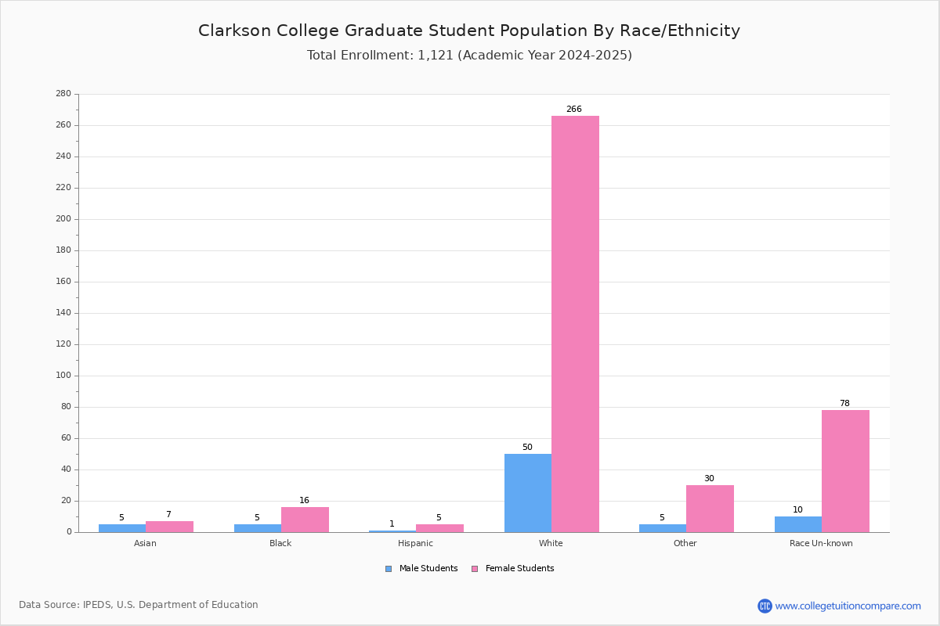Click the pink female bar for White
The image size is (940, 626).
(575, 324)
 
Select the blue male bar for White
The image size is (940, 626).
(528, 493)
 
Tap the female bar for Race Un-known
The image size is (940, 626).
(845, 471)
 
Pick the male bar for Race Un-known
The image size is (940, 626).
(798, 524)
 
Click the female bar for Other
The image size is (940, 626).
(710, 509)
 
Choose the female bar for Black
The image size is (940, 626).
(305, 520)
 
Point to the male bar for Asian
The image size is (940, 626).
(122, 528)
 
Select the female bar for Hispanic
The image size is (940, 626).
(439, 528)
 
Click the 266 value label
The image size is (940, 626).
(574, 109)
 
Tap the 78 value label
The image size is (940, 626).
(844, 403)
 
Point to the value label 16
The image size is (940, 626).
(304, 500)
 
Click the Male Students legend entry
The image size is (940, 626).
(421, 569)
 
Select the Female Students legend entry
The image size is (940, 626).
(513, 569)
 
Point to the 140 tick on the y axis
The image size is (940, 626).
(63, 313)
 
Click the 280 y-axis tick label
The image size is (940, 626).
(63, 93)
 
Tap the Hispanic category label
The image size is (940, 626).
(415, 543)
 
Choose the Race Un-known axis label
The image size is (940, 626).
(821, 543)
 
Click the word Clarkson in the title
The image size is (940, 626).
(234, 31)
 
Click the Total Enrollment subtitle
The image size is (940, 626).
(469, 56)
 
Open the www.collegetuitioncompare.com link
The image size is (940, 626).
(848, 606)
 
